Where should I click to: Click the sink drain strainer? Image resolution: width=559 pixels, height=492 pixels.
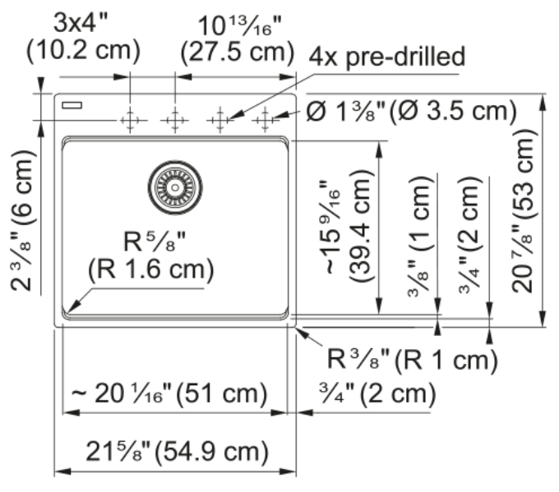pyautogui.click(x=175, y=187)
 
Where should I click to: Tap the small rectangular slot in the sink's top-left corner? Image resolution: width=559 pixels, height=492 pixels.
pyautogui.click(x=72, y=105)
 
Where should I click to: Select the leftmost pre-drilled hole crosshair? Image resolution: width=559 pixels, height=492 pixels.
pyautogui.click(x=130, y=120)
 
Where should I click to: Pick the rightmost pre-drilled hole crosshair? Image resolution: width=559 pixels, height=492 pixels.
pyautogui.click(x=265, y=120)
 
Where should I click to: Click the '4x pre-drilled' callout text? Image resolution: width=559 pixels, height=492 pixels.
pyautogui.click(x=387, y=57)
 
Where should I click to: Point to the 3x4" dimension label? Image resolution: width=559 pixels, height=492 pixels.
pyautogui.click(x=81, y=23)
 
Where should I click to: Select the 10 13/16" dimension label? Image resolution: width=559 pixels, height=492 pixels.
pyautogui.click(x=239, y=25)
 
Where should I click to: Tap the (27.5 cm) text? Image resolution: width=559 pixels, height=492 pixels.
pyautogui.click(x=238, y=53)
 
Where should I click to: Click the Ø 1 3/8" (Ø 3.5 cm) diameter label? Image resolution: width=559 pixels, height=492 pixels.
pyautogui.click(x=411, y=111)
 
